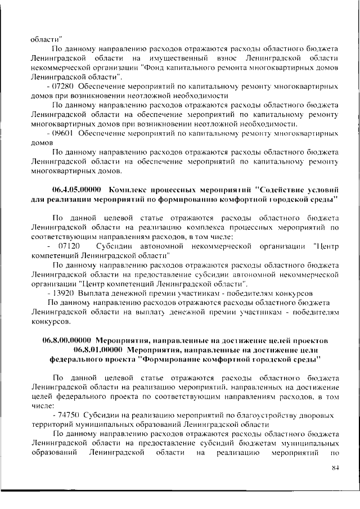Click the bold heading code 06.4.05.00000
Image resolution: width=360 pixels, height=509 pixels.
[x=77, y=190]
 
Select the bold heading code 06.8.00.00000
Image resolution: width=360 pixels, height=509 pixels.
[x=67, y=340]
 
